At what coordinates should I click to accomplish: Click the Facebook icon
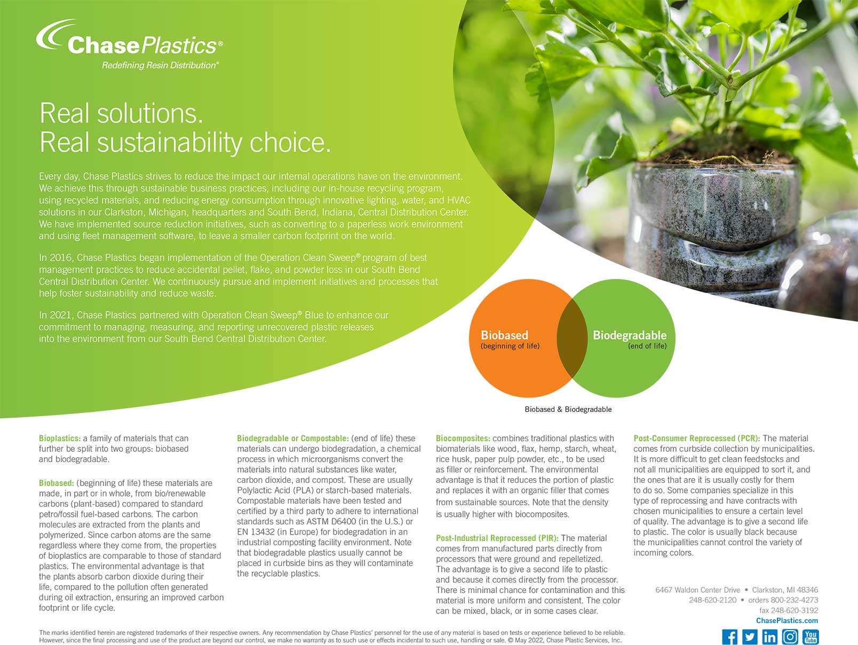point(729,637)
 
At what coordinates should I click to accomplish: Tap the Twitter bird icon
point(749,637)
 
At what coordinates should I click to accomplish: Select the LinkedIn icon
point(769,637)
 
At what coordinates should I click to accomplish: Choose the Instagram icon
point(790,637)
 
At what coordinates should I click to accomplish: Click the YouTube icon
point(811,637)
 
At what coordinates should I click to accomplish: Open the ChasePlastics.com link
point(787,620)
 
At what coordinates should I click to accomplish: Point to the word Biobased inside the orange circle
point(504,335)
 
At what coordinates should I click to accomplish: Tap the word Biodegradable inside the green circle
point(629,335)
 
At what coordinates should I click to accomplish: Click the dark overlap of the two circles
point(572,338)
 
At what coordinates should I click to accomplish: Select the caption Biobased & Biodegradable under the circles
point(568,409)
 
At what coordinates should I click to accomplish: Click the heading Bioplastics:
point(60,439)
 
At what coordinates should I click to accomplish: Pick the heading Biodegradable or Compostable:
point(293,439)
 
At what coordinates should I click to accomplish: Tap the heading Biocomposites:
point(463,439)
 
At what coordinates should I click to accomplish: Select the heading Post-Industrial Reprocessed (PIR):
point(497,538)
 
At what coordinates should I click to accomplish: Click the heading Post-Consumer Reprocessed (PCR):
point(696,439)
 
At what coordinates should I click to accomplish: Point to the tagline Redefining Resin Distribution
point(160,65)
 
